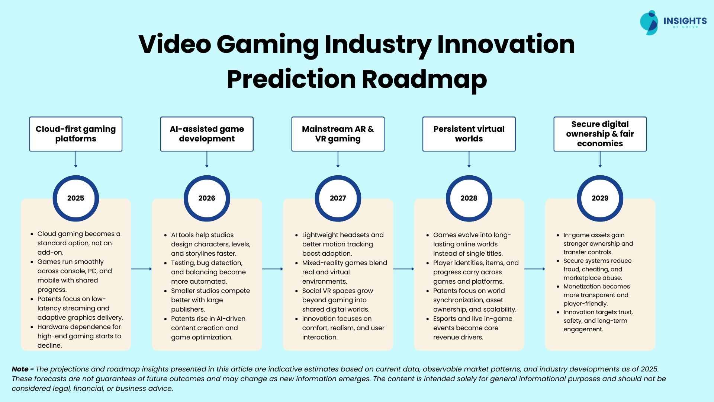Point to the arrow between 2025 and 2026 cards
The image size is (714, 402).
pos(141,269)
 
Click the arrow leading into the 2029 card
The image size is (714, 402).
pos(535,269)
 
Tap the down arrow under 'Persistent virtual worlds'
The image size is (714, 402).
pos(469,159)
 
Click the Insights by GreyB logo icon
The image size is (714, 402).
pos(649,22)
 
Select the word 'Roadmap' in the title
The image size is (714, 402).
pos(424,80)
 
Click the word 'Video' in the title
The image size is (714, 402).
pos(175,44)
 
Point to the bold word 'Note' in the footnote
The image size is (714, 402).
pos(20,369)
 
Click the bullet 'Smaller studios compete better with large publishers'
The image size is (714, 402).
pos(210,300)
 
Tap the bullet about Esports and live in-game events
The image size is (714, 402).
pos(473,328)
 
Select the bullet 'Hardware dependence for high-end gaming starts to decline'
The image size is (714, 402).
pos(79,336)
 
